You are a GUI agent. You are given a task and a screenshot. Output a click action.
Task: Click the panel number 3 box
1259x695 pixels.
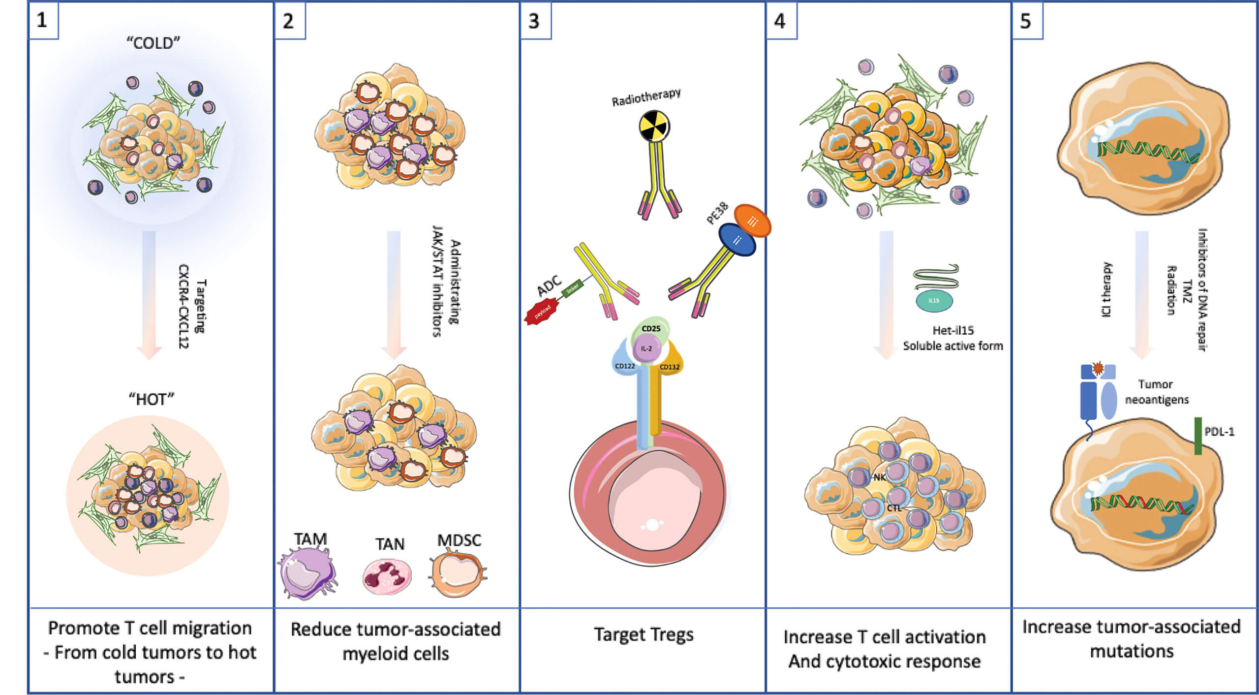(535, 21)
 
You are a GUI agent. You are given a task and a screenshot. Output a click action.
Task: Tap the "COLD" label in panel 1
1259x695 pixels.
(153, 43)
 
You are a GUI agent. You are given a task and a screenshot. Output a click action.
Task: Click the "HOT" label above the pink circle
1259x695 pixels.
(152, 399)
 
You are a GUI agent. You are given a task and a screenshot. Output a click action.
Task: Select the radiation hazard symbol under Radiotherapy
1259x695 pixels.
(654, 127)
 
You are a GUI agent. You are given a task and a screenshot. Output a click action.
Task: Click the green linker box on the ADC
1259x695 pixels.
(572, 288)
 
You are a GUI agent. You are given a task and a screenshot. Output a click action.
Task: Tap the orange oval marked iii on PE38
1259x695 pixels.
(752, 221)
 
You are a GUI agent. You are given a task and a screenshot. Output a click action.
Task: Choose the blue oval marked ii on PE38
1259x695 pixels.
(737, 240)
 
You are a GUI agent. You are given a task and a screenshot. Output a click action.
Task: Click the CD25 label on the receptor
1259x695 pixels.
(651, 329)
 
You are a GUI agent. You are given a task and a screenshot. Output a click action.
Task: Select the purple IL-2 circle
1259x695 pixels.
(646, 348)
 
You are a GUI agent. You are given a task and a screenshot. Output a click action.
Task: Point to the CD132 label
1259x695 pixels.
(669, 367)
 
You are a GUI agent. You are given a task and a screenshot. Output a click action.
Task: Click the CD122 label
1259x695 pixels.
(625, 366)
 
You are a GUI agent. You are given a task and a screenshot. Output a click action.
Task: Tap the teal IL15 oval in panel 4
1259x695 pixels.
(934, 300)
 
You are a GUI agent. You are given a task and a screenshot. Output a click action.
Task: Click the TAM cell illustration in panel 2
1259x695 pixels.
(307, 573)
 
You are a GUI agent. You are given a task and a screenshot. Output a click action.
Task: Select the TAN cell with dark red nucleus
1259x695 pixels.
(387, 575)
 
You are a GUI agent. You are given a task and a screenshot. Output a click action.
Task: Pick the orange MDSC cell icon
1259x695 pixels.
(458, 573)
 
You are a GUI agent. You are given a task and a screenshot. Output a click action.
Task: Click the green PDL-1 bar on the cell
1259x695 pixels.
(1198, 436)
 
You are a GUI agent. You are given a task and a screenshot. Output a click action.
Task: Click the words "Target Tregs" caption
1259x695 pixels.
(644, 634)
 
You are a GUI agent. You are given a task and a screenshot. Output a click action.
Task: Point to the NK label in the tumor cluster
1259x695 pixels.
(879, 477)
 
